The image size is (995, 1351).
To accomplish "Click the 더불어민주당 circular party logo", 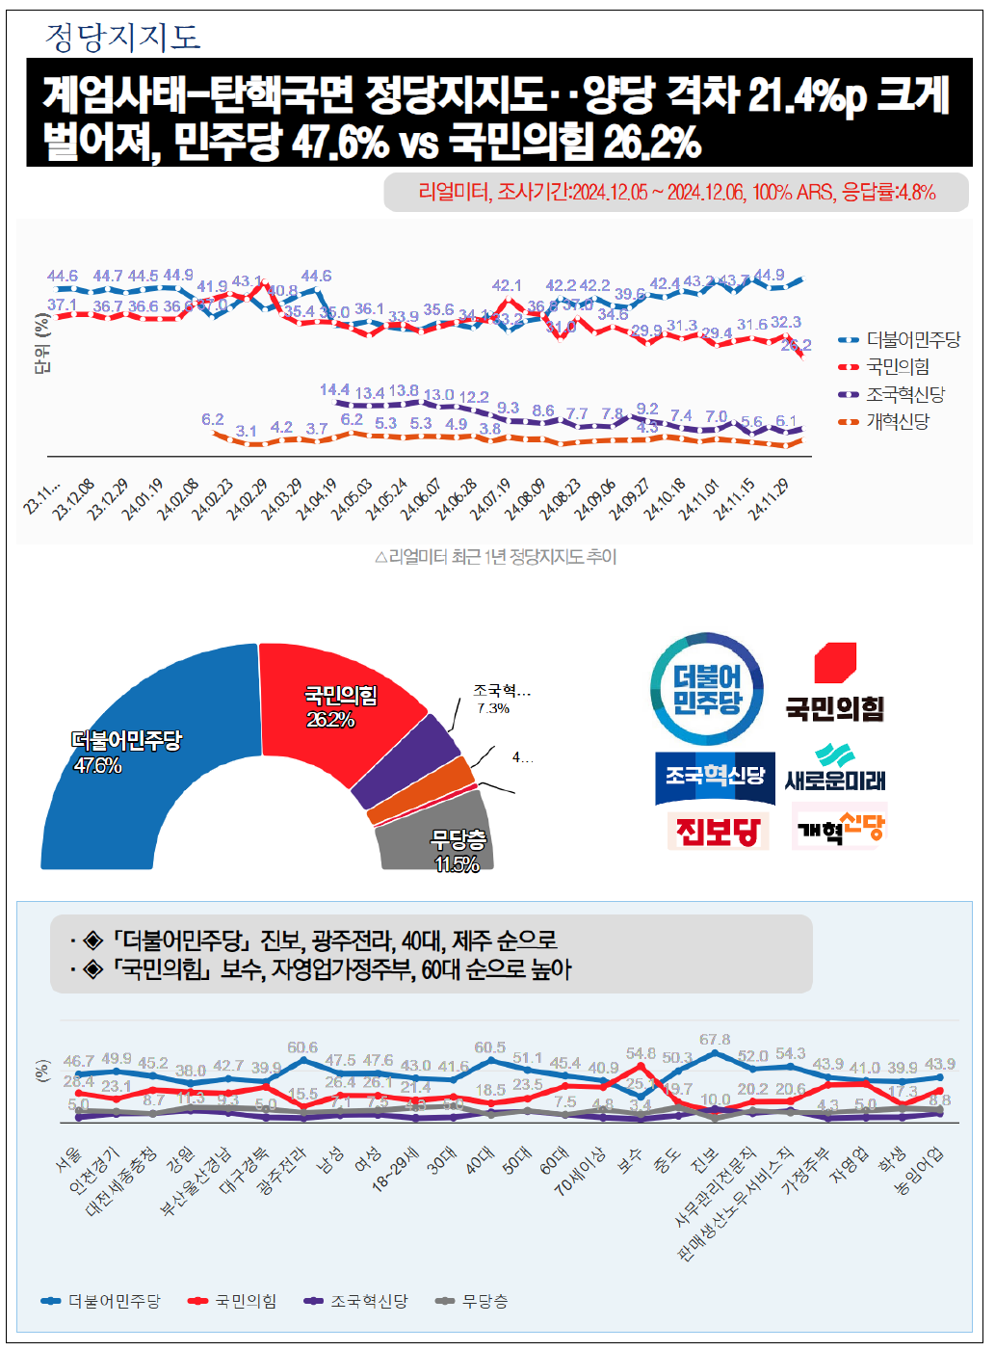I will coord(708,690).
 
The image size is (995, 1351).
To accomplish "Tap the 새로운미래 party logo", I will coord(835,769).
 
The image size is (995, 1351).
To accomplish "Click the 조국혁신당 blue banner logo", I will coord(715,777).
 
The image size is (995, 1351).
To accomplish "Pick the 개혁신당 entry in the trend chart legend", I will coord(897,421).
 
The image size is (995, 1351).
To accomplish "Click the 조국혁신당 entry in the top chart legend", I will coord(904,394).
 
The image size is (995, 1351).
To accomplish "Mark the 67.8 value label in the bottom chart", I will coord(715,1040).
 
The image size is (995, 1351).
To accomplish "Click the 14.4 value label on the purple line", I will coord(334,390).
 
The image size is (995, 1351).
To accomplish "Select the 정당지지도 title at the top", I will coord(123,37).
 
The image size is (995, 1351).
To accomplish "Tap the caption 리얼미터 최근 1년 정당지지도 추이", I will coord(495,557).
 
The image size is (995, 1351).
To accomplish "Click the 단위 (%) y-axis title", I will coord(41,344).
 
